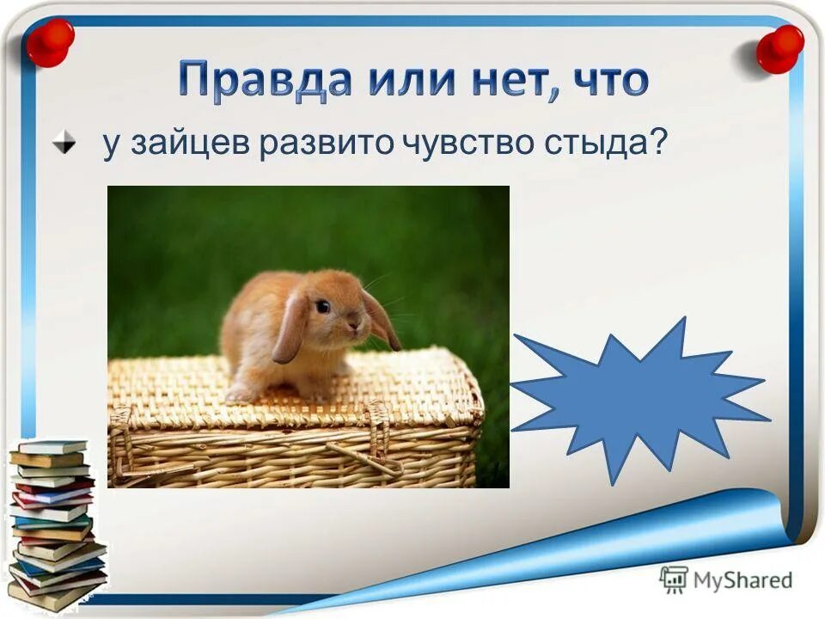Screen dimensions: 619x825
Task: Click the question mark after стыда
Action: click(659, 144)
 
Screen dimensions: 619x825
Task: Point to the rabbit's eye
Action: click(322, 305)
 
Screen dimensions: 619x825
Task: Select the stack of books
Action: click(56, 524)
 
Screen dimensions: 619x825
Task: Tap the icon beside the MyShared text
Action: click(674, 580)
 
